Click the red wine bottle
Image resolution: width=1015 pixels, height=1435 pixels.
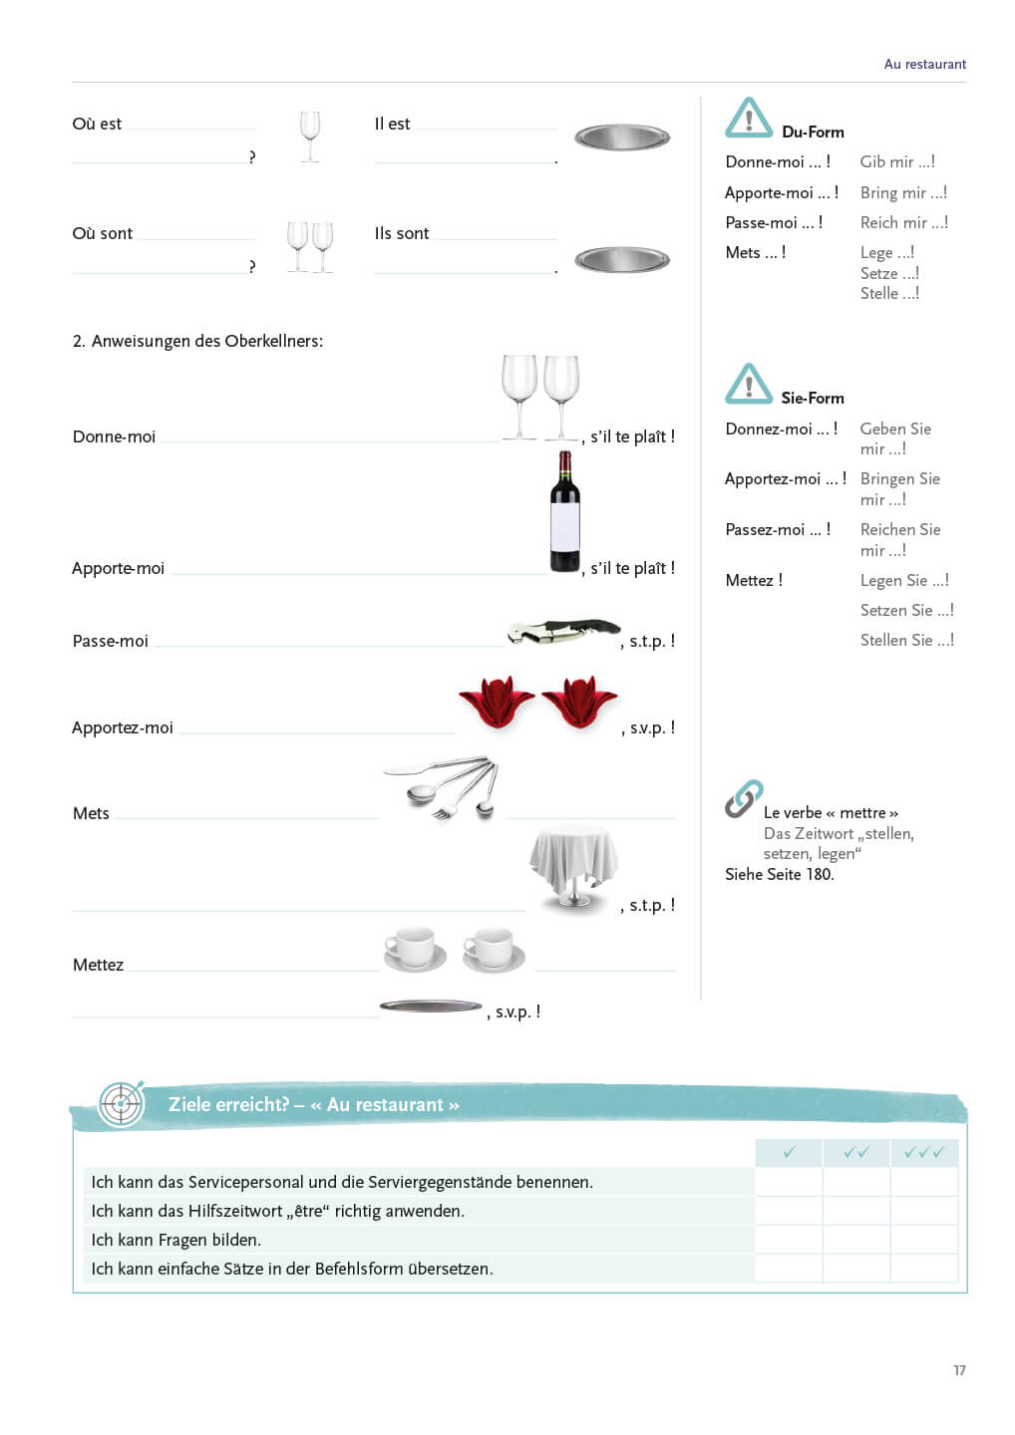pos(565,511)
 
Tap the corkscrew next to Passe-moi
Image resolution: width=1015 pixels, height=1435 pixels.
pos(563,631)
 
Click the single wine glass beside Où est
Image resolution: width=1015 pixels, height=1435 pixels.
pos(310,136)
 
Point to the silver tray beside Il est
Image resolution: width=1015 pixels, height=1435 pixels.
pos(622,138)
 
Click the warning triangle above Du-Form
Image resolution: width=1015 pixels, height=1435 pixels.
pos(749,118)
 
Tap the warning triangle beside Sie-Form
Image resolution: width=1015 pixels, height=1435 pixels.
pos(749,384)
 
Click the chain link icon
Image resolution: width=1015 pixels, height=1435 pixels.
pos(744,798)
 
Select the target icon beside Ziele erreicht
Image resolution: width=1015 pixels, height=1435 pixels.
pos(122,1103)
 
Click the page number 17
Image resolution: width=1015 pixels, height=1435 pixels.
pos(959,1370)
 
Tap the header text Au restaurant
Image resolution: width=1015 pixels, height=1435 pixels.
pos(924,64)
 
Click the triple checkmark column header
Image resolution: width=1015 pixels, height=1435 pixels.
pos(923,1152)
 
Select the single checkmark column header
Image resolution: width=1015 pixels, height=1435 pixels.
pos(789,1152)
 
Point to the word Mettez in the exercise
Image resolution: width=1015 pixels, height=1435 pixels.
pos(98,965)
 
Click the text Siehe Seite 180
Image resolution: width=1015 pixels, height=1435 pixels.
pos(779,874)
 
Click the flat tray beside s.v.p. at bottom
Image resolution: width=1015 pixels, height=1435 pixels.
pos(431,1006)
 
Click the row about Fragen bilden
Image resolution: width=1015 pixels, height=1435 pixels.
pos(176,1240)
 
